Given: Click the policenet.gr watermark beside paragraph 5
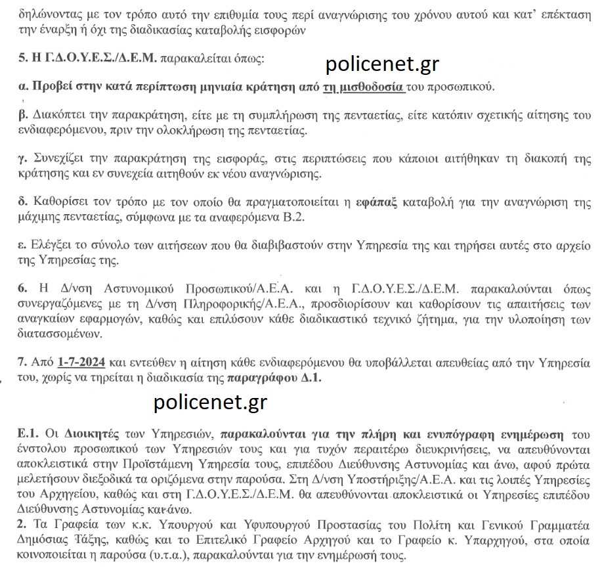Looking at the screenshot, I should (x=382, y=64).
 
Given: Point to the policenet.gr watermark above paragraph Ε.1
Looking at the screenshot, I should (x=211, y=402).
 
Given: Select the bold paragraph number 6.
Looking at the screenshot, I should (x=22, y=289).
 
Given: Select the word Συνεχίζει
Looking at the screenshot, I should (x=55, y=159).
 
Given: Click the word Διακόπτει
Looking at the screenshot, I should (x=57, y=114).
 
